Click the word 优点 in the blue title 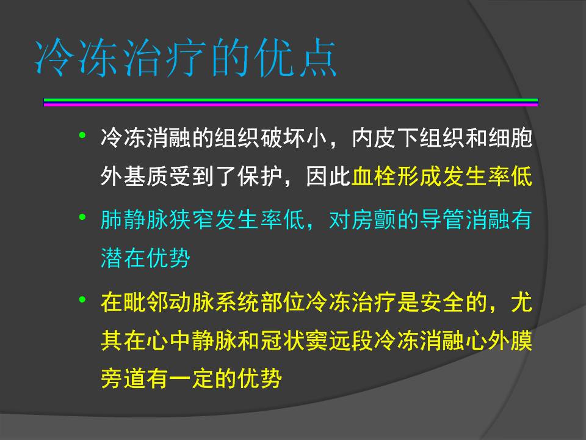tap(295, 57)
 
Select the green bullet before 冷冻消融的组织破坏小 tap(82, 135)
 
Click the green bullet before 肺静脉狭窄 tap(82, 217)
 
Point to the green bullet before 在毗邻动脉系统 tap(82, 299)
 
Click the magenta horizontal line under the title tap(291, 105)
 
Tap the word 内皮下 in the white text tap(385, 137)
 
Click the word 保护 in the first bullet tap(260, 176)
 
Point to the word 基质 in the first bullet tap(146, 176)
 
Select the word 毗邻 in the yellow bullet tap(146, 302)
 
